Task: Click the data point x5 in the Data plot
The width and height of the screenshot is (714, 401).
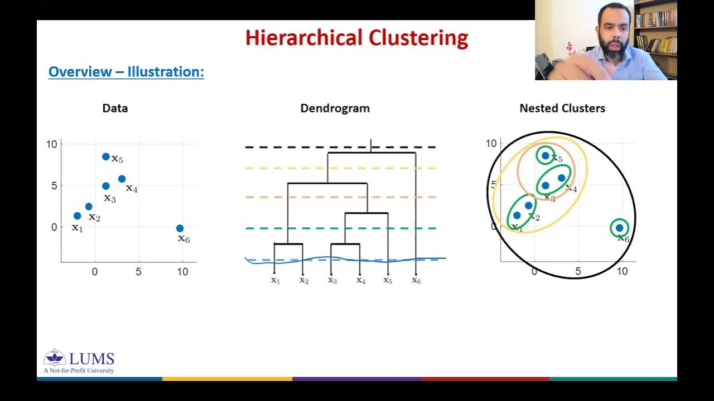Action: (106, 157)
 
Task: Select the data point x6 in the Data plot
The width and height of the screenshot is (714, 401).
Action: (180, 228)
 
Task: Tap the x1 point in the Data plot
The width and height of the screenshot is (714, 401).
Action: (77, 216)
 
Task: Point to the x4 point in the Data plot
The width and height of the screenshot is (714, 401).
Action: (122, 179)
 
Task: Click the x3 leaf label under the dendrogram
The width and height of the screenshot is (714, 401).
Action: (332, 280)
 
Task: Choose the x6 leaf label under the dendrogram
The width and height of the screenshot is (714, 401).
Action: (416, 280)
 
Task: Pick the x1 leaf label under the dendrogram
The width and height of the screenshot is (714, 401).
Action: (275, 280)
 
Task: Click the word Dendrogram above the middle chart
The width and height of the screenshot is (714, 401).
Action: (335, 108)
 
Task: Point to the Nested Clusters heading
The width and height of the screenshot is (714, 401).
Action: (562, 108)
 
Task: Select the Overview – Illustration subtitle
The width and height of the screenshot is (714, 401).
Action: (126, 72)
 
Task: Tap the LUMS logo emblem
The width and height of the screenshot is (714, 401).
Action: (55, 358)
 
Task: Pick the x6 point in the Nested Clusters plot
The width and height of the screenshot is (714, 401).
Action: (619, 227)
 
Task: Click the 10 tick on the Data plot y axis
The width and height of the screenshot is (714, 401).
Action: (52, 144)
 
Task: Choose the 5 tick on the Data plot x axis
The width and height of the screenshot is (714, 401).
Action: (138, 272)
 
